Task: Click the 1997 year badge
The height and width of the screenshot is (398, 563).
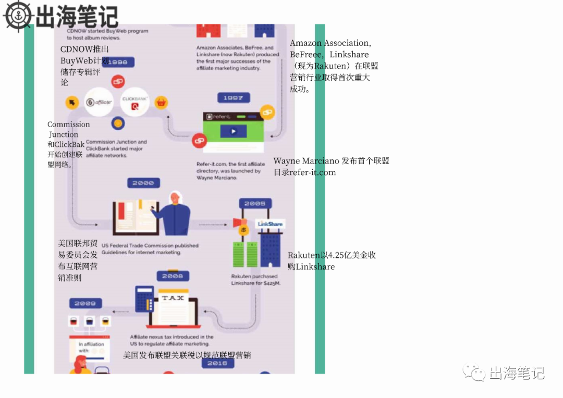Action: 233,98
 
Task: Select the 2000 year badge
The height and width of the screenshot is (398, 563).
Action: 143,183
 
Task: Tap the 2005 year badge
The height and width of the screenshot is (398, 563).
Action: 254,204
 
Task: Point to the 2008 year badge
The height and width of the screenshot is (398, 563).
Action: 173,276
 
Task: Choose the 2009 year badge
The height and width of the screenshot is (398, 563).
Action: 85,303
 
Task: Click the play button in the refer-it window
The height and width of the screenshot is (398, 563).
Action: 233,132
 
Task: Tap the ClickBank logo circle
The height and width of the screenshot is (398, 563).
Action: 135,102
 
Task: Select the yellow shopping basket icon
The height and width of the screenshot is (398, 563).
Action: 162,103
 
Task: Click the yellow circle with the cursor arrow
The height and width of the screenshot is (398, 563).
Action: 71,103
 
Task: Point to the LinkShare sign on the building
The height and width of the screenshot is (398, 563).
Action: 270,224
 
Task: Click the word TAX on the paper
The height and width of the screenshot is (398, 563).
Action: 173,298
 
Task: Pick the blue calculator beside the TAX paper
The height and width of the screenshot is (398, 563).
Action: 144,298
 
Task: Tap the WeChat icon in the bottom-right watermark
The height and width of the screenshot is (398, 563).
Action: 474,372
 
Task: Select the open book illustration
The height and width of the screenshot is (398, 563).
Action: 135,216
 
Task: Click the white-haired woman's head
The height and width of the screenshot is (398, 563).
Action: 176,198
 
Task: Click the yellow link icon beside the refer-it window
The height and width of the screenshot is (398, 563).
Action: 267,111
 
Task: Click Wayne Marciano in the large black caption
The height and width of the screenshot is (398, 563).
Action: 307,161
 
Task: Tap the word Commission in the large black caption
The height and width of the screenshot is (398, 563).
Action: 69,125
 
